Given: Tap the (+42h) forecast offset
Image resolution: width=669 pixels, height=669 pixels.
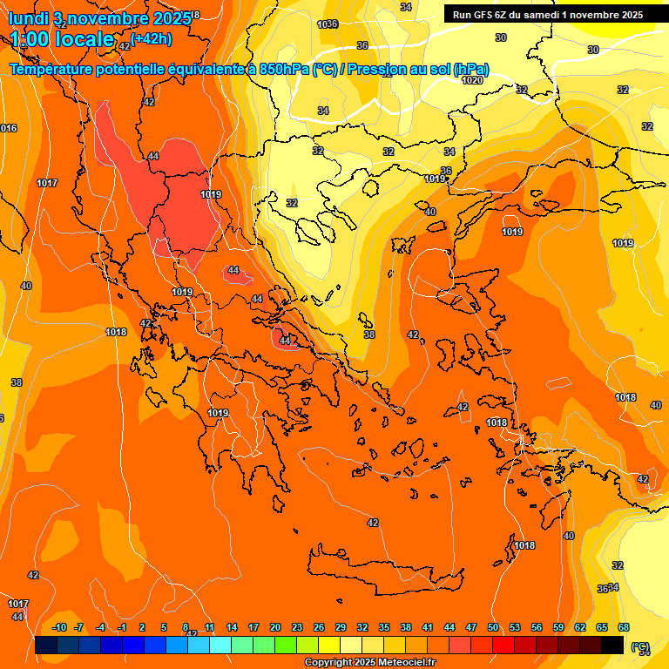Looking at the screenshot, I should pos(152,38).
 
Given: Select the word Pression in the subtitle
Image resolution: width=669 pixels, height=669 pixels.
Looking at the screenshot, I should pos(384,69).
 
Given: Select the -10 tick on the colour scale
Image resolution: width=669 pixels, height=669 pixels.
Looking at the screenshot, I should pos(59,627).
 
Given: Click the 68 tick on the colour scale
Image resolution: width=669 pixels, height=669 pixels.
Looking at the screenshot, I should pos(624,627).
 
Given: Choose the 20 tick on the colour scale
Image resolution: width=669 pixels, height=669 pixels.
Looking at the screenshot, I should pos(275,627).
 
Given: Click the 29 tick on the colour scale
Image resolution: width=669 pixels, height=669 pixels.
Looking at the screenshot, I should pos(341,627).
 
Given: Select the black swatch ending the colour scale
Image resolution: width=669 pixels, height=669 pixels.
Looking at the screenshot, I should pos(612,645).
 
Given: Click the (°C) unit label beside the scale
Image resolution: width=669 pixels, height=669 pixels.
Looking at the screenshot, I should pos(640,646).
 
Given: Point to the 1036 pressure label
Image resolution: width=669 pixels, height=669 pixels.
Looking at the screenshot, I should pos(328,24).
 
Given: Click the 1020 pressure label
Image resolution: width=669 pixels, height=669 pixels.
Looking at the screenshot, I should pos(472,80).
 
